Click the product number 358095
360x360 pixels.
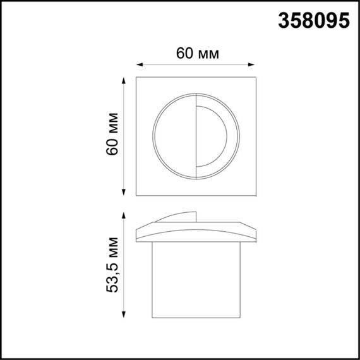(x=313, y=21)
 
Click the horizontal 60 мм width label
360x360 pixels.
(x=198, y=54)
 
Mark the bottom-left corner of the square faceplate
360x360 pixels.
(x=137, y=196)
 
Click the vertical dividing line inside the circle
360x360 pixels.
(x=195, y=136)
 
